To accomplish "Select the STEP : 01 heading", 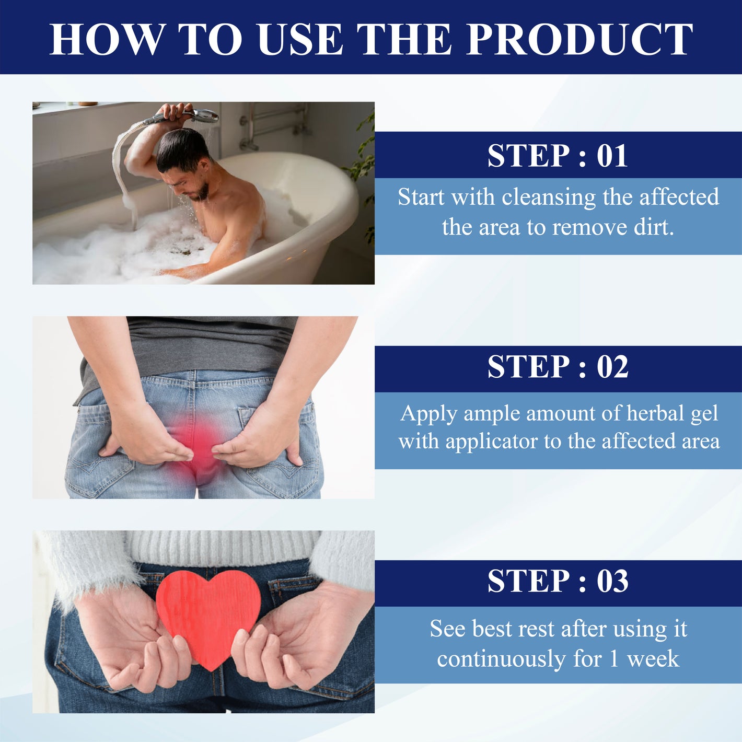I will tap(558, 156).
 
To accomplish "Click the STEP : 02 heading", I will tap(558, 367).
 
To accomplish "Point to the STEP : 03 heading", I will tap(558, 581).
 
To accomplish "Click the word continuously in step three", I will tap(501, 659).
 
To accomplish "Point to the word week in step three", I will tap(653, 659).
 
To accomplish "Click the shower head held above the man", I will tap(201, 114).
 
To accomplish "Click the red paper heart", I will tap(208, 611).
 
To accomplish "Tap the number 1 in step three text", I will tap(613, 659).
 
